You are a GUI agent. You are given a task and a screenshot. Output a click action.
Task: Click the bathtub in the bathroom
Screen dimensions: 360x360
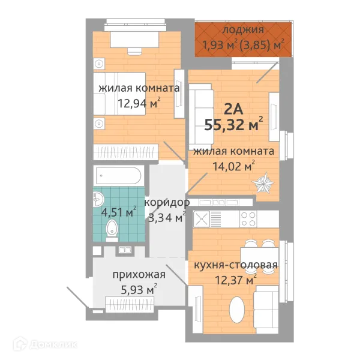(118, 176)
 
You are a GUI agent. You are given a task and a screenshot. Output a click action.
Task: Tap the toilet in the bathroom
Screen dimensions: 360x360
(111, 229)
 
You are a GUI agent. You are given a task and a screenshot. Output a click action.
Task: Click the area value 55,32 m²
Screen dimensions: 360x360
(233, 125)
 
